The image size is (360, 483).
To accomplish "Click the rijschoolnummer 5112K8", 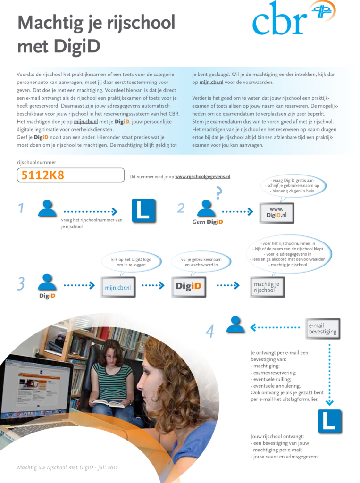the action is (43, 175).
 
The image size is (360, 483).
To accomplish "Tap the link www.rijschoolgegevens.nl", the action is (203, 177).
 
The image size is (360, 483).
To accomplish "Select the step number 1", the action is (21, 208).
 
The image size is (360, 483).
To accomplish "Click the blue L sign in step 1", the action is (143, 210).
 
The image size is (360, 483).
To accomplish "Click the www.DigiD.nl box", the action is (277, 213).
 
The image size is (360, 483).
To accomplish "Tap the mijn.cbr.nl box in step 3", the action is (118, 287).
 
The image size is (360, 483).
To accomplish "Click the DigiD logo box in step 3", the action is (189, 287).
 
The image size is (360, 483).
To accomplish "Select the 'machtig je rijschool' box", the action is (267, 287).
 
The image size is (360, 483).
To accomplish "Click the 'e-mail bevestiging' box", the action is (323, 329).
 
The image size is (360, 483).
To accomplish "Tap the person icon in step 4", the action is (235, 325).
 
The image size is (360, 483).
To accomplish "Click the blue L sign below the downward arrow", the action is (329, 421).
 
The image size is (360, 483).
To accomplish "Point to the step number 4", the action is (210, 332).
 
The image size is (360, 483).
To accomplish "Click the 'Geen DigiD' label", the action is (208, 222).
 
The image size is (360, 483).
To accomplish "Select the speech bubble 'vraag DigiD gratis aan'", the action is (293, 186).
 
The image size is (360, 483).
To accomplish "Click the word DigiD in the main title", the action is (77, 46).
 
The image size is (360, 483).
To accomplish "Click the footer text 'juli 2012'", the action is (108, 467).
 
